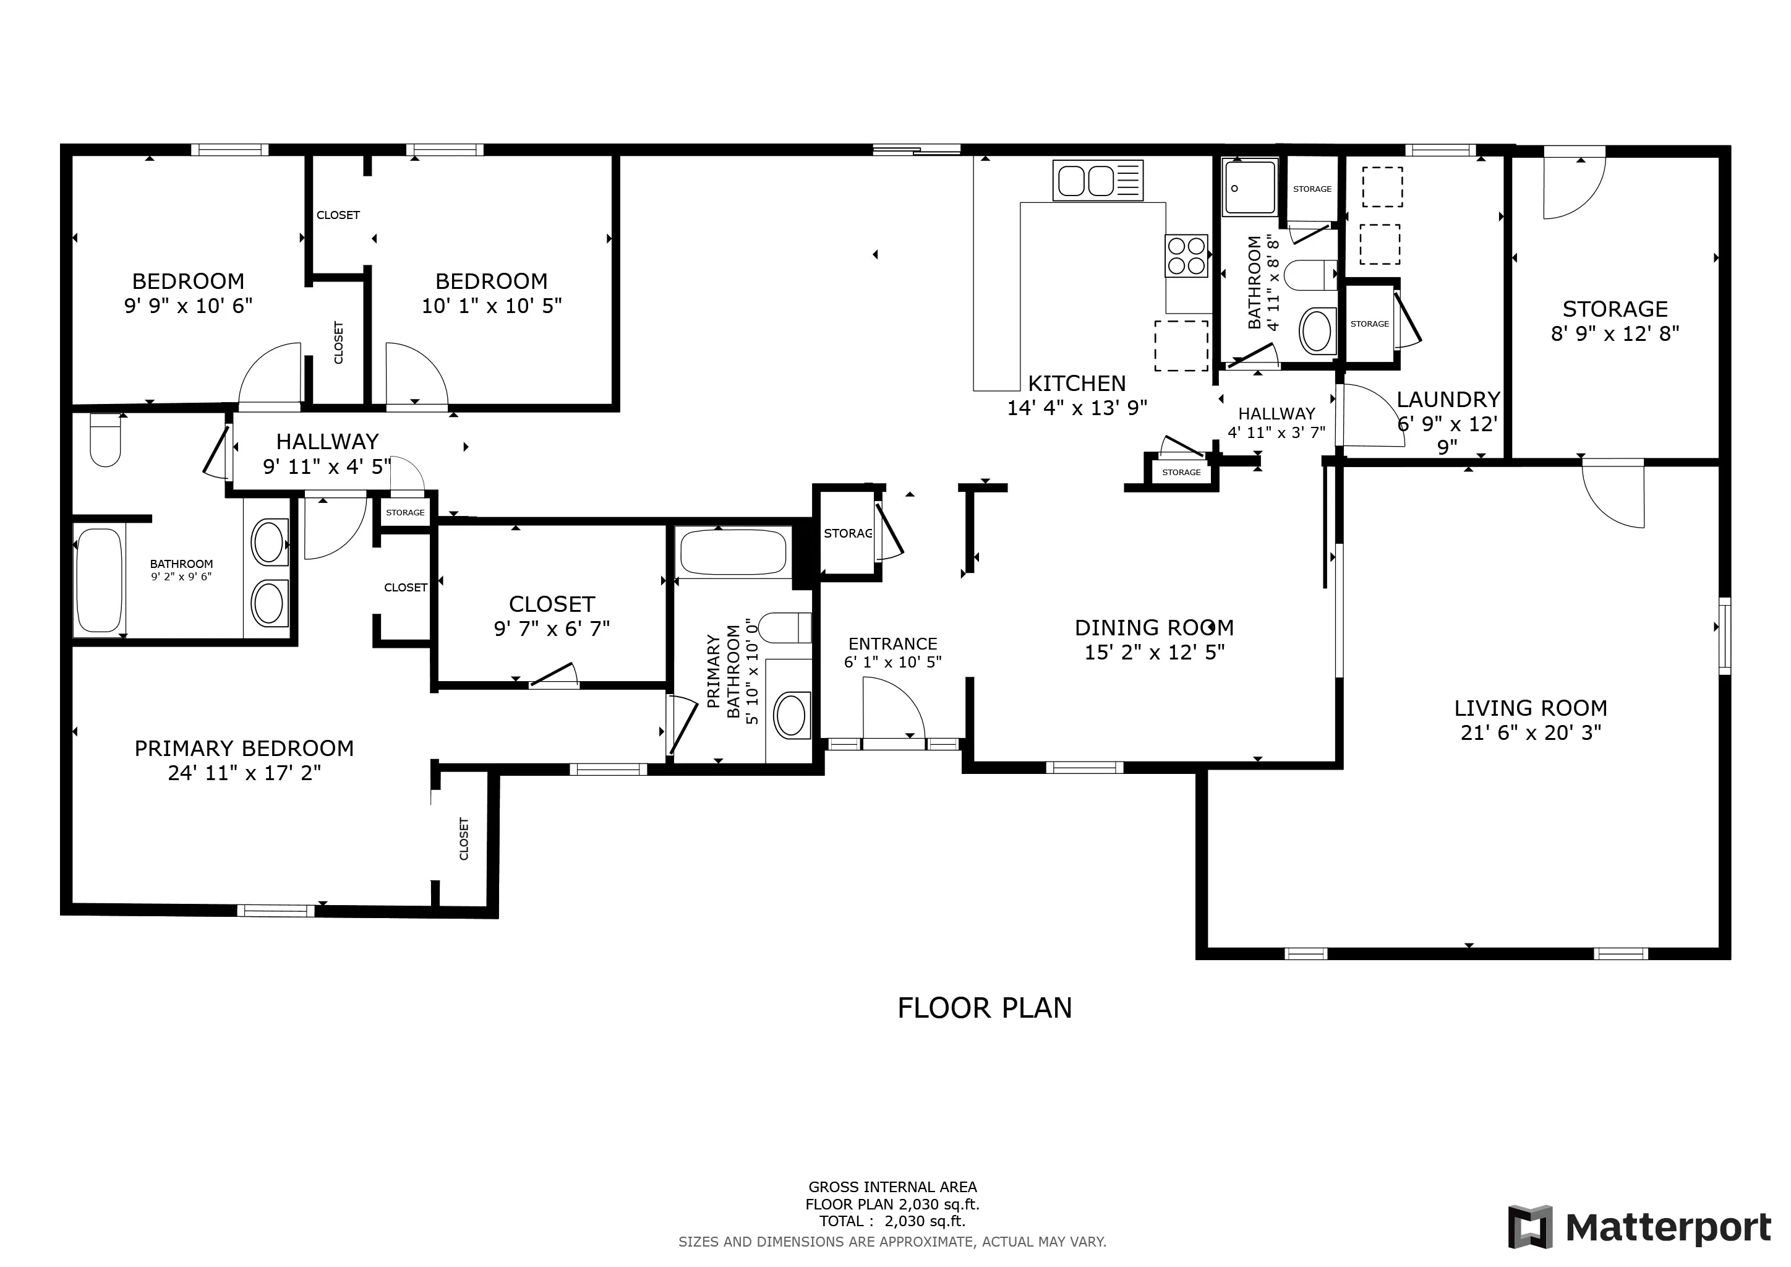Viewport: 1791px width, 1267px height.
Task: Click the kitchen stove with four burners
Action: [x=1186, y=256]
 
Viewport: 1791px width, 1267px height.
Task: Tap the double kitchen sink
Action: [x=1098, y=180]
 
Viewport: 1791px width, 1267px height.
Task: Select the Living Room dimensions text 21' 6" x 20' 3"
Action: [x=1531, y=732]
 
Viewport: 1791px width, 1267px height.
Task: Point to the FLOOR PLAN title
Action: [x=985, y=1008]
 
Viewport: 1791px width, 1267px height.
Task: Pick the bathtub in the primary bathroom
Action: [x=733, y=552]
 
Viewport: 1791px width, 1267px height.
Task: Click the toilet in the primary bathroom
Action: [x=785, y=628]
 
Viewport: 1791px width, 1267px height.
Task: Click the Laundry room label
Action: [x=1448, y=400]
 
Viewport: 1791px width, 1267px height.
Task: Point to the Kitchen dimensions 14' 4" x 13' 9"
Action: [x=1077, y=408]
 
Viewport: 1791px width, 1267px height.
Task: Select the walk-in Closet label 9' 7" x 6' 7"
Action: [x=552, y=616]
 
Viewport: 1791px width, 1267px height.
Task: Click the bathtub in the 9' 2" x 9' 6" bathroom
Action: [x=99, y=580]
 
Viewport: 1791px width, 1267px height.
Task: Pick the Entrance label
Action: [x=892, y=643]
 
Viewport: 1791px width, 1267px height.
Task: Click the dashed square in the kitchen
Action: [x=1181, y=346]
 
